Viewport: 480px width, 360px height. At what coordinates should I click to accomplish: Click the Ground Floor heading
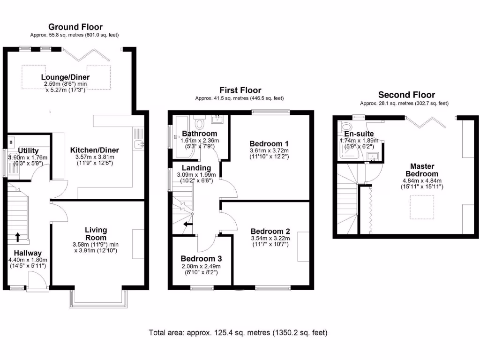pos(75,27)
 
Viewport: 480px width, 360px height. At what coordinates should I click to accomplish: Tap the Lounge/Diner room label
pos(65,77)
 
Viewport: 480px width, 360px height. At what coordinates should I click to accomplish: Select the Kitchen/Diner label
pos(95,150)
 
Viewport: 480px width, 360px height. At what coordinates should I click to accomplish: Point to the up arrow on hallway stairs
pos(17,237)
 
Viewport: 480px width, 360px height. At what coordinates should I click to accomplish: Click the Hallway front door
pos(37,282)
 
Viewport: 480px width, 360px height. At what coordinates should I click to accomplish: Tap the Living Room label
pos(96,233)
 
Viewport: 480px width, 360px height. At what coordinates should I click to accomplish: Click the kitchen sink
pos(138,144)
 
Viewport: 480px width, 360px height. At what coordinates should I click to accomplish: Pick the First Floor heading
pos(240,90)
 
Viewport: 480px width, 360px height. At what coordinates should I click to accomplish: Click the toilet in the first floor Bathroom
pos(200,123)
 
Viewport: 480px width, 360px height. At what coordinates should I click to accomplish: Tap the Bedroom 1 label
pos(269,143)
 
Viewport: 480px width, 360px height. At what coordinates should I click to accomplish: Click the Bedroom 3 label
pos(201,259)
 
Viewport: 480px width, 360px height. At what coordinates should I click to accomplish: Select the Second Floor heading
pos(406,95)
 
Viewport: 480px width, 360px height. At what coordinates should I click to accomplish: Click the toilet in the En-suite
pos(347,127)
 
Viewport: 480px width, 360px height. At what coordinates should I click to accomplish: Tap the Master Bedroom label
pos(422,170)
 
